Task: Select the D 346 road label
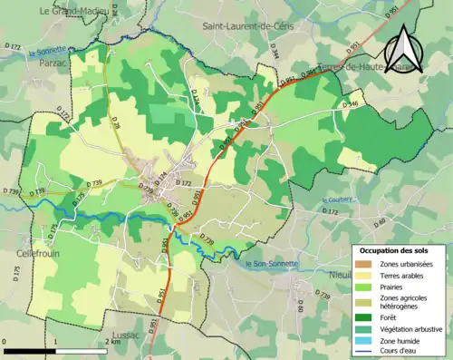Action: (x=352, y=105)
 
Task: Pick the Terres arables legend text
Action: (x=405, y=275)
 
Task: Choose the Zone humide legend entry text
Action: (x=404, y=339)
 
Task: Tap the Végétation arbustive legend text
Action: (x=412, y=327)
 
